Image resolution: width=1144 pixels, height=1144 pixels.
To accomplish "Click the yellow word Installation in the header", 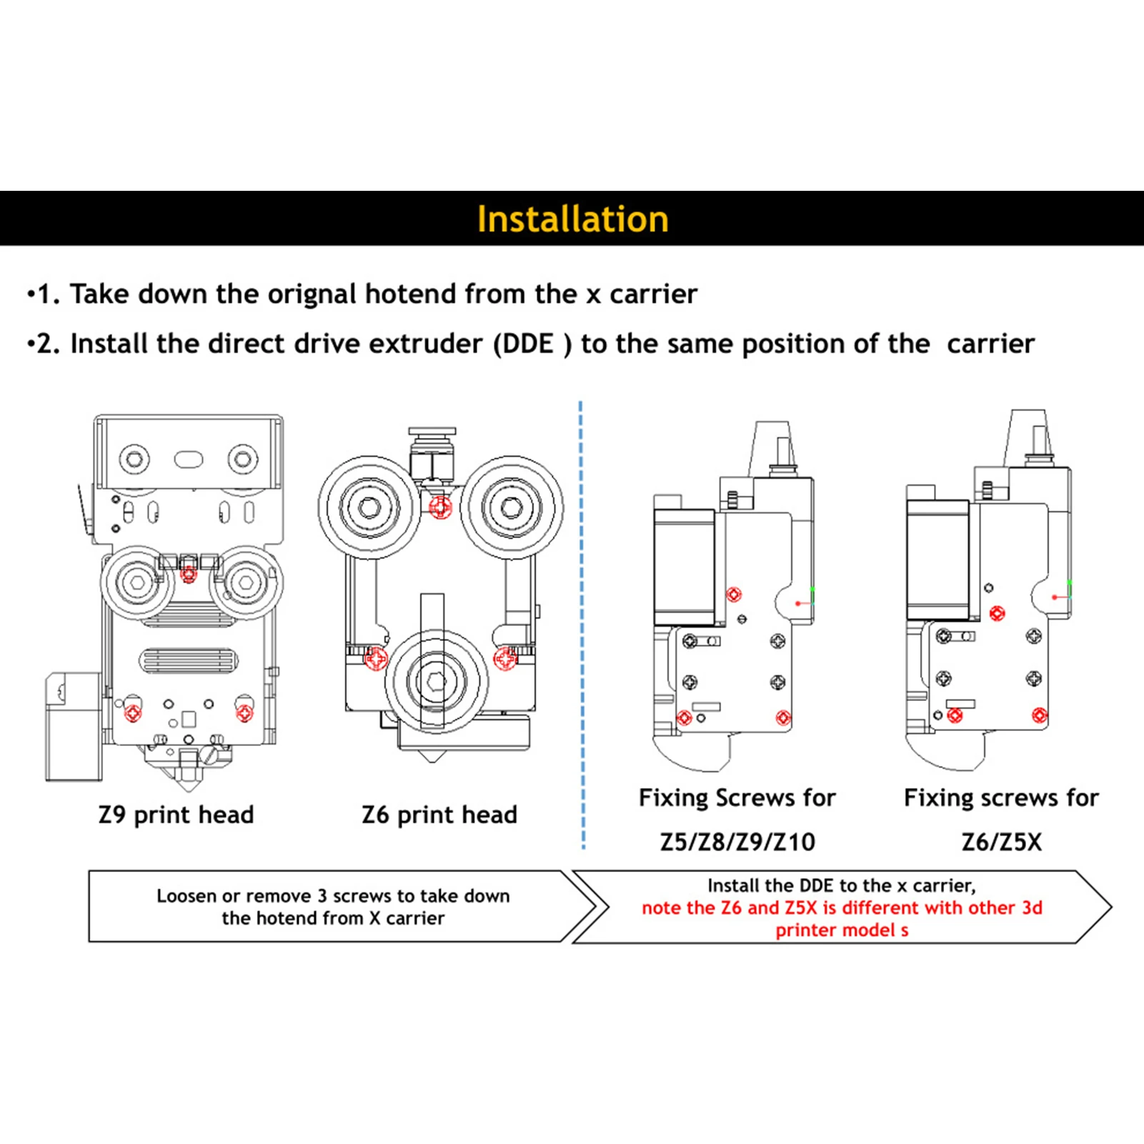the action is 572,219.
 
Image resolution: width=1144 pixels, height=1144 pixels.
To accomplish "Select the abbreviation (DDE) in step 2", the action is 532,344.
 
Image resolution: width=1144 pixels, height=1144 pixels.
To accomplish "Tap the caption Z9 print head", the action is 176,815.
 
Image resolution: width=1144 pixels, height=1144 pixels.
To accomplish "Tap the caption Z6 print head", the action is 439,815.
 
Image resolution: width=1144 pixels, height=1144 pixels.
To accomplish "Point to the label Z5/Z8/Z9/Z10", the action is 737,842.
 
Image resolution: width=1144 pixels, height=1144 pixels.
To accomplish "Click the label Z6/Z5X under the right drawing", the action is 1001,842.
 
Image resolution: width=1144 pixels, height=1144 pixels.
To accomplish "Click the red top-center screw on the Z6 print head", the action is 440,507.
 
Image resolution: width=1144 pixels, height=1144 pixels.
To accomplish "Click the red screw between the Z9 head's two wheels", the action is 189,573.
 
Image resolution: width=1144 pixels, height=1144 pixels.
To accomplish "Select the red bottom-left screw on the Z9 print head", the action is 134,712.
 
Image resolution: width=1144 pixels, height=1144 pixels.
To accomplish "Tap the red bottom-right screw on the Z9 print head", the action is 244,712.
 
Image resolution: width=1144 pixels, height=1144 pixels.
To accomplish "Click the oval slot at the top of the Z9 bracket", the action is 189,459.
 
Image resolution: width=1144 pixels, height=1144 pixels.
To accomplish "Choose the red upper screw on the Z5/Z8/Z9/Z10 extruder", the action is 734,594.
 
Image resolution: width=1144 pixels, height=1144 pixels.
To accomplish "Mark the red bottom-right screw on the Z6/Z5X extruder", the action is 1039,715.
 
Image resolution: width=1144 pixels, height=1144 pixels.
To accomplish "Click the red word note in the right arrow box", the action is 661,908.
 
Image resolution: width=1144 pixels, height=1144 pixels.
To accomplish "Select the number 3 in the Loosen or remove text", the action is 322,896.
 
